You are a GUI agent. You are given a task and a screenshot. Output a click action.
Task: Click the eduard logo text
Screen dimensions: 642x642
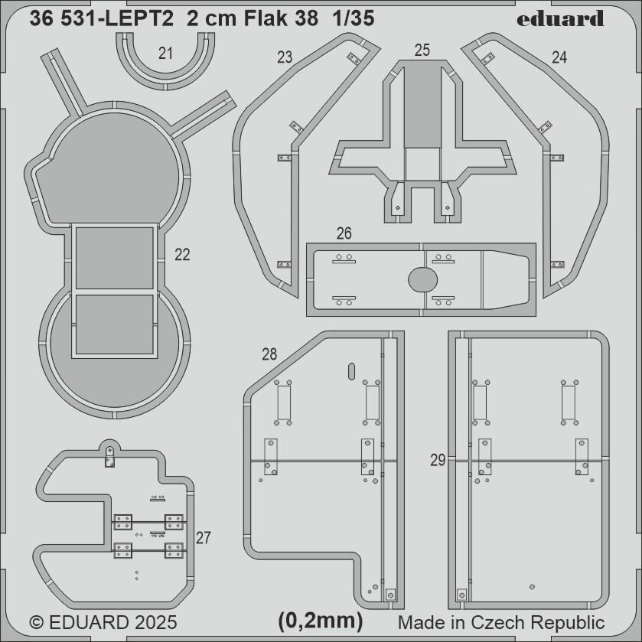tap(559, 19)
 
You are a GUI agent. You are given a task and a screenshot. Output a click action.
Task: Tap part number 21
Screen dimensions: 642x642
tap(165, 54)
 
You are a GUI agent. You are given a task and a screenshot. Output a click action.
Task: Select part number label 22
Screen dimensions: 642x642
tap(182, 255)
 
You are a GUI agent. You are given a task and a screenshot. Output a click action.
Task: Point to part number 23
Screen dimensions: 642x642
tap(285, 57)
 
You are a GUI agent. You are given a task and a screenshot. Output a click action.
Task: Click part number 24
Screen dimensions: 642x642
tap(559, 57)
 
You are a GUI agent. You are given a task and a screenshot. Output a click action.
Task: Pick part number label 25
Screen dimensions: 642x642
tap(422, 50)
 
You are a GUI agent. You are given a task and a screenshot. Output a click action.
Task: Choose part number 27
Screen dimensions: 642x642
tap(203, 538)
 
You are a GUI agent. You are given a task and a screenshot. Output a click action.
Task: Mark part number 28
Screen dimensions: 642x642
tap(269, 354)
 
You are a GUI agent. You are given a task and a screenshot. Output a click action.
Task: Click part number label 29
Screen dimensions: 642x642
tap(438, 460)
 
